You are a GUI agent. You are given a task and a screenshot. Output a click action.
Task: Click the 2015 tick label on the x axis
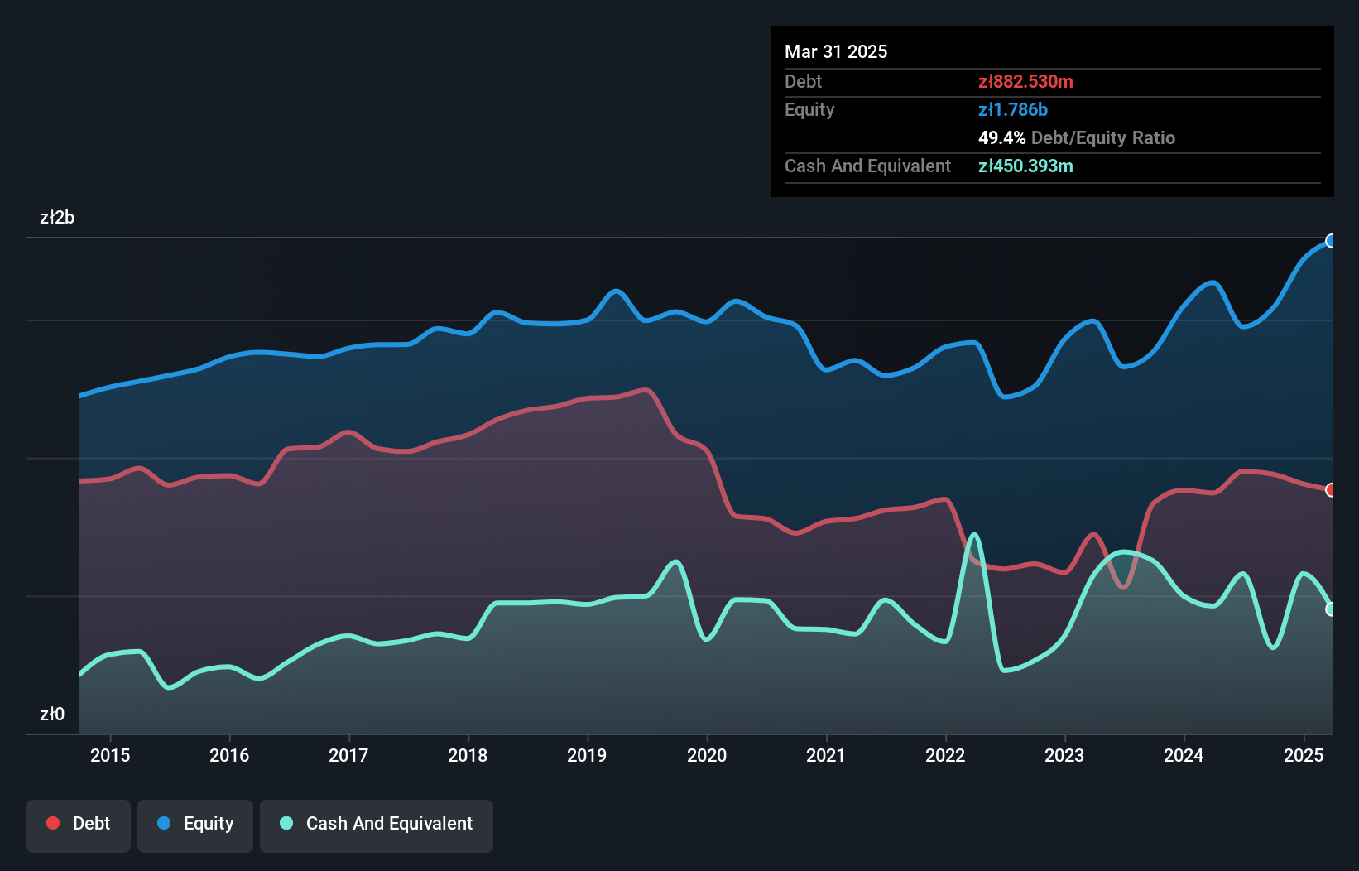110,755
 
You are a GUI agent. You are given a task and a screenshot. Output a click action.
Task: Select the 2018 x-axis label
468,755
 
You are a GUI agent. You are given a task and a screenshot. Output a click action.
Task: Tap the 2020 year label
707,755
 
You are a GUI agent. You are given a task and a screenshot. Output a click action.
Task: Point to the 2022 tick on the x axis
945,755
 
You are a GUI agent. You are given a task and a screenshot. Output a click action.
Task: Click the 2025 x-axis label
1304,755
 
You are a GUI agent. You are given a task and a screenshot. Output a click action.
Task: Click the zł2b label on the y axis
57,217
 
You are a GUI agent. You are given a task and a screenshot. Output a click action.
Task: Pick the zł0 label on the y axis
52,714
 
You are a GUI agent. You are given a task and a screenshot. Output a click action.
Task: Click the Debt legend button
79,824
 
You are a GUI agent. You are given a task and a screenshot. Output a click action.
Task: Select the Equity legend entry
195,824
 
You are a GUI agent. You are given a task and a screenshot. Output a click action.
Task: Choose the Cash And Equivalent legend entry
377,824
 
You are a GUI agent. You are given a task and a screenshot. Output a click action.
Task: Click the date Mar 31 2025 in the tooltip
836,51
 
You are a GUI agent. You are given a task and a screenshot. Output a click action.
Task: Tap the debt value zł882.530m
1025,81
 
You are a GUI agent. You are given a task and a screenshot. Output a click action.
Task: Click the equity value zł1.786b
1013,109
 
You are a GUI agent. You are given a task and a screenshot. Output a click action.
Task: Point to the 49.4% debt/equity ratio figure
1001,137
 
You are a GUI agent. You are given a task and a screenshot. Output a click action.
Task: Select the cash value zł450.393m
1025,166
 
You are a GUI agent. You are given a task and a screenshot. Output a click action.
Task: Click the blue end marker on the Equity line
1331,241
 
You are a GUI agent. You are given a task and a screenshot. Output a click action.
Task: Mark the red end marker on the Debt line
1331,490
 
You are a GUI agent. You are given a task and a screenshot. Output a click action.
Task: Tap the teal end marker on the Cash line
1331,609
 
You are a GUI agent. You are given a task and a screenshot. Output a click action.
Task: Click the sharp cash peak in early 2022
974,535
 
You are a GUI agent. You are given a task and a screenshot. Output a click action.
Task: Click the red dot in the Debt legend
53,823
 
